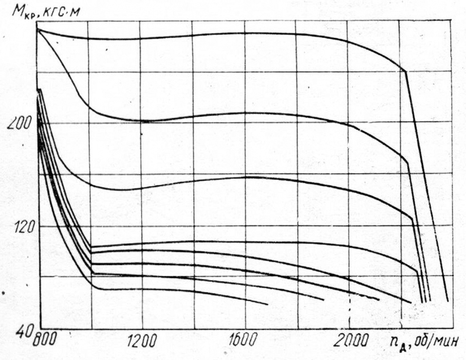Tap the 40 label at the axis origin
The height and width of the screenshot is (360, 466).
(23, 332)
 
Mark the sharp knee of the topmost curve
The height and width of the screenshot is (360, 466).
(405, 71)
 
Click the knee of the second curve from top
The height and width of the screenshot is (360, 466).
(407, 164)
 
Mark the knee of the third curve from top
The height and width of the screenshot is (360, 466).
(412, 219)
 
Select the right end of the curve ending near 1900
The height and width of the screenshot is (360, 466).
(324, 300)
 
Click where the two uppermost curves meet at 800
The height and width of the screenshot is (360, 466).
(38, 29)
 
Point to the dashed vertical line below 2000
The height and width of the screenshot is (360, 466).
(350, 316)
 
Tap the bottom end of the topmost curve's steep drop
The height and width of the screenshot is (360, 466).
(448, 301)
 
